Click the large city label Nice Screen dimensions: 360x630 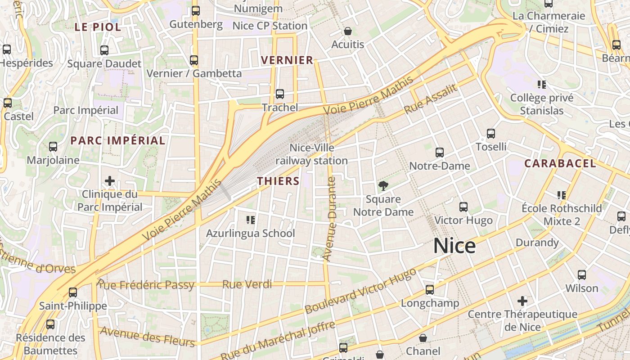(454, 246)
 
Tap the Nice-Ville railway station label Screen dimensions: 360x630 (312, 154)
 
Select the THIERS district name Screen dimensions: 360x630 (278, 181)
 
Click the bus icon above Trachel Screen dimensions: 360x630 (280, 94)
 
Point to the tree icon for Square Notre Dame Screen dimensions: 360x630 (383, 185)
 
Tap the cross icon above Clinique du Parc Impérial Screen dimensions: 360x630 (110, 181)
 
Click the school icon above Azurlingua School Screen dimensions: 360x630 (251, 220)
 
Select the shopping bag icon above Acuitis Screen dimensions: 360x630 (347, 31)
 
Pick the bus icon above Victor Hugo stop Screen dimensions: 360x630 (463, 207)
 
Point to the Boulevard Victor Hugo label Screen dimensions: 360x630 (360, 292)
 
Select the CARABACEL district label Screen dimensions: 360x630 (560, 163)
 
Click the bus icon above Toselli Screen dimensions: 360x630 (491, 134)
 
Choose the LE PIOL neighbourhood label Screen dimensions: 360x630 (98, 27)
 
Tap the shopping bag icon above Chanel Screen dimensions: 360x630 (423, 337)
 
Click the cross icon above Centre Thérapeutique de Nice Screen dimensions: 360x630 (522, 301)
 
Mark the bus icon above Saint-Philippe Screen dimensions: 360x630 (73, 292)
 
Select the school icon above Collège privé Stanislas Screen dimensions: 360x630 (542, 84)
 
